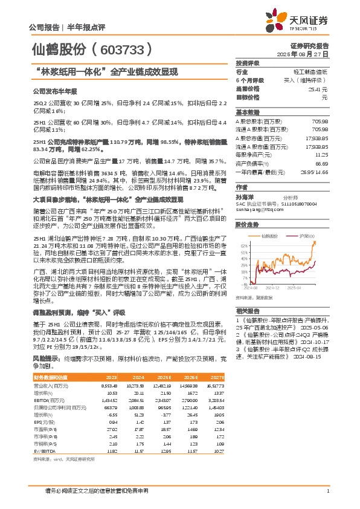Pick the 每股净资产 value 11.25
coord(321,155)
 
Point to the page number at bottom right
coord(327,490)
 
